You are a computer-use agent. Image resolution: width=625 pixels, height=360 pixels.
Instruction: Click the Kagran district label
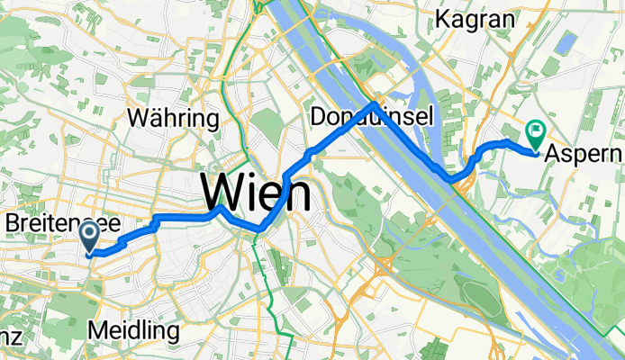click(476, 19)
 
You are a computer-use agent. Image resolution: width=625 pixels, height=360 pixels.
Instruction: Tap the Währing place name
click(174, 118)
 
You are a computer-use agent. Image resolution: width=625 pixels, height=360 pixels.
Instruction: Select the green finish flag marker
click(535, 136)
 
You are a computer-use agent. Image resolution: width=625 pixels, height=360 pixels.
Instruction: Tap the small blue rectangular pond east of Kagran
click(566, 44)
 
